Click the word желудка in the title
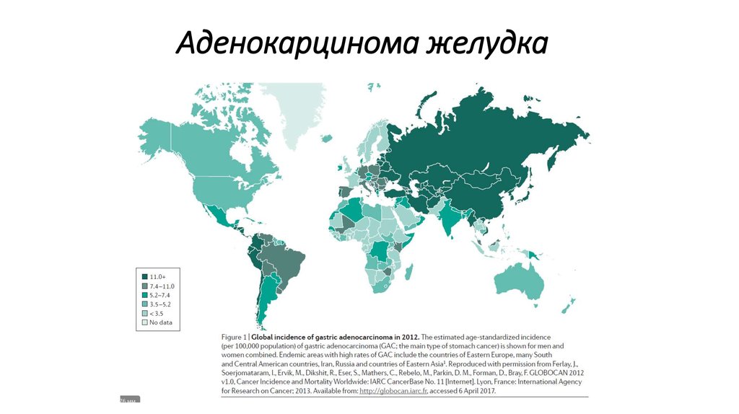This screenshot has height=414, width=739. [x=484, y=44]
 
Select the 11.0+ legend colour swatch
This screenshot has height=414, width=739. [x=145, y=277]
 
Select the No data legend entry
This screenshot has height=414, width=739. [x=159, y=322]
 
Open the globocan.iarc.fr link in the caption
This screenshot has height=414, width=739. [x=390, y=391]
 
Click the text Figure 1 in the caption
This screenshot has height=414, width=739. [x=235, y=337]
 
